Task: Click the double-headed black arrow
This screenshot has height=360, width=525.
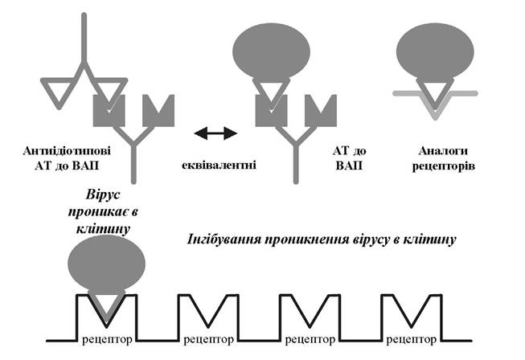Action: pos(215,133)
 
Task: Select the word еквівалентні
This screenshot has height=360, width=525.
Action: pos(219,166)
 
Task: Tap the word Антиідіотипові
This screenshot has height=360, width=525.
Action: pos(67,151)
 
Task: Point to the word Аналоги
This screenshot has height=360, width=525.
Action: pos(443,151)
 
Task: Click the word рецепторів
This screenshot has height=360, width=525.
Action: pos(443,166)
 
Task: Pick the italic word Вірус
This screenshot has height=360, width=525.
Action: pos(102,194)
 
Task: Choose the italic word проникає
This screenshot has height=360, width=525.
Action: pos(99,212)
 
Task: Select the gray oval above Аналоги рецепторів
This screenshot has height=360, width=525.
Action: pos(435,52)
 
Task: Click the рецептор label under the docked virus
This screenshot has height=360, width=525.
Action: pos(107,340)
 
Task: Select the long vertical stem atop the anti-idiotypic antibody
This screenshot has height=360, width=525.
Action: pos(84,38)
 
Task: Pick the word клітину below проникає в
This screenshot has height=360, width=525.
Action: pos(103,229)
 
